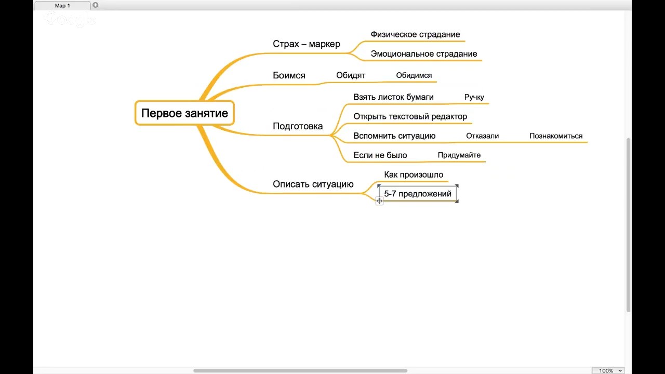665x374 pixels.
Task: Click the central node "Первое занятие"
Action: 184,113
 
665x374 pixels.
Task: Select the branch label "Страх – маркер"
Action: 307,44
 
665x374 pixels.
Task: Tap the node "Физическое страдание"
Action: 415,34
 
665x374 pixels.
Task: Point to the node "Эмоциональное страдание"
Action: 424,54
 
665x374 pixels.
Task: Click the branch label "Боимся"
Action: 289,75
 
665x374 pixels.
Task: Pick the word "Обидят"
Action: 351,75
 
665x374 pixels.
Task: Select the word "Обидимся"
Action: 414,75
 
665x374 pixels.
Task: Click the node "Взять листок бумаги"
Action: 393,97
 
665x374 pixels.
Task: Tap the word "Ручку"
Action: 474,97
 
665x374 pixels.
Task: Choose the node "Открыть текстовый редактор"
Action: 410,116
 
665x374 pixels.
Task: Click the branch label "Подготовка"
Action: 298,126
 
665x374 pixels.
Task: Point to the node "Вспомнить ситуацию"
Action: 394,136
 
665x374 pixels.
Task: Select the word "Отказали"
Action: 483,136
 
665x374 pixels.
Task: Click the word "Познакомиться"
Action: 556,136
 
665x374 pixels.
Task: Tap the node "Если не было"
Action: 380,155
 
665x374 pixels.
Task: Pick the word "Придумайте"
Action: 459,155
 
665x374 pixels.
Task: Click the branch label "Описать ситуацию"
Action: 313,184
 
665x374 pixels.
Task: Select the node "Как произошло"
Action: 414,175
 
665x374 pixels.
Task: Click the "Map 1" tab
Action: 62,6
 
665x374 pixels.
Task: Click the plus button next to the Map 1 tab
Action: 95,5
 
